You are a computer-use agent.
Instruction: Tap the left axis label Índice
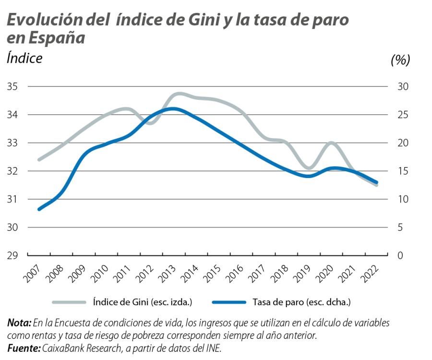pyautogui.click(x=24, y=58)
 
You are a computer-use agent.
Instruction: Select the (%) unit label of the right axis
pyautogui.click(x=400, y=60)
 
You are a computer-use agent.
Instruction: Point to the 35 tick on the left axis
pyautogui.click(x=12, y=87)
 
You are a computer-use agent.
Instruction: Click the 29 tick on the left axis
pyautogui.click(x=12, y=255)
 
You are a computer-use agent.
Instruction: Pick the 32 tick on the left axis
pyautogui.click(x=12, y=171)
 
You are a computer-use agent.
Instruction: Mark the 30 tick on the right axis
pyautogui.click(x=403, y=87)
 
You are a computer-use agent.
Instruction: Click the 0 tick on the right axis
pyautogui.click(x=400, y=255)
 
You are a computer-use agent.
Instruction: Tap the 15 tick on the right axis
pyautogui.click(x=403, y=171)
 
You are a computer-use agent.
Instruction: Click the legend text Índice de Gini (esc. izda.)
pyautogui.click(x=142, y=302)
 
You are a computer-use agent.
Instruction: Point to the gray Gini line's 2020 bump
pyautogui.click(x=332, y=143)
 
